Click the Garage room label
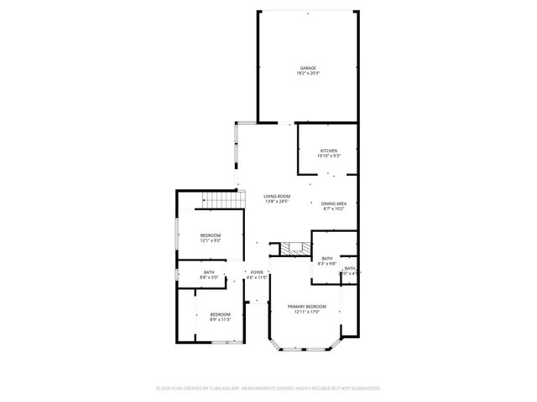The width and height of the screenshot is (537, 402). point(308,68)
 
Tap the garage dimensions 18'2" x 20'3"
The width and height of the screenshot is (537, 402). point(308,74)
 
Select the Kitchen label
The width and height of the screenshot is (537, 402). point(328,151)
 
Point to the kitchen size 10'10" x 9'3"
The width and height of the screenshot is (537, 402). point(328,157)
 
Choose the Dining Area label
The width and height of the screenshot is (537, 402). point(334,203)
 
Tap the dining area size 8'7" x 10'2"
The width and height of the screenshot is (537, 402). point(334,209)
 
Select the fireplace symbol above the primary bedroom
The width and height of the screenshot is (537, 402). point(292,248)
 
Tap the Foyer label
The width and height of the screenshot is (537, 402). point(257,272)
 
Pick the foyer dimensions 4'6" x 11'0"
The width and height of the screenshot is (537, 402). point(257,277)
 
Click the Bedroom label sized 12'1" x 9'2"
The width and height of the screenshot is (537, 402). point(210,235)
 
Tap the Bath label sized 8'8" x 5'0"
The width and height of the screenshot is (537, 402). point(208,272)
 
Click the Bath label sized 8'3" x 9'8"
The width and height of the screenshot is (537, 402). point(326,259)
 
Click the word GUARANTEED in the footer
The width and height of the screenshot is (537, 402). point(362,388)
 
